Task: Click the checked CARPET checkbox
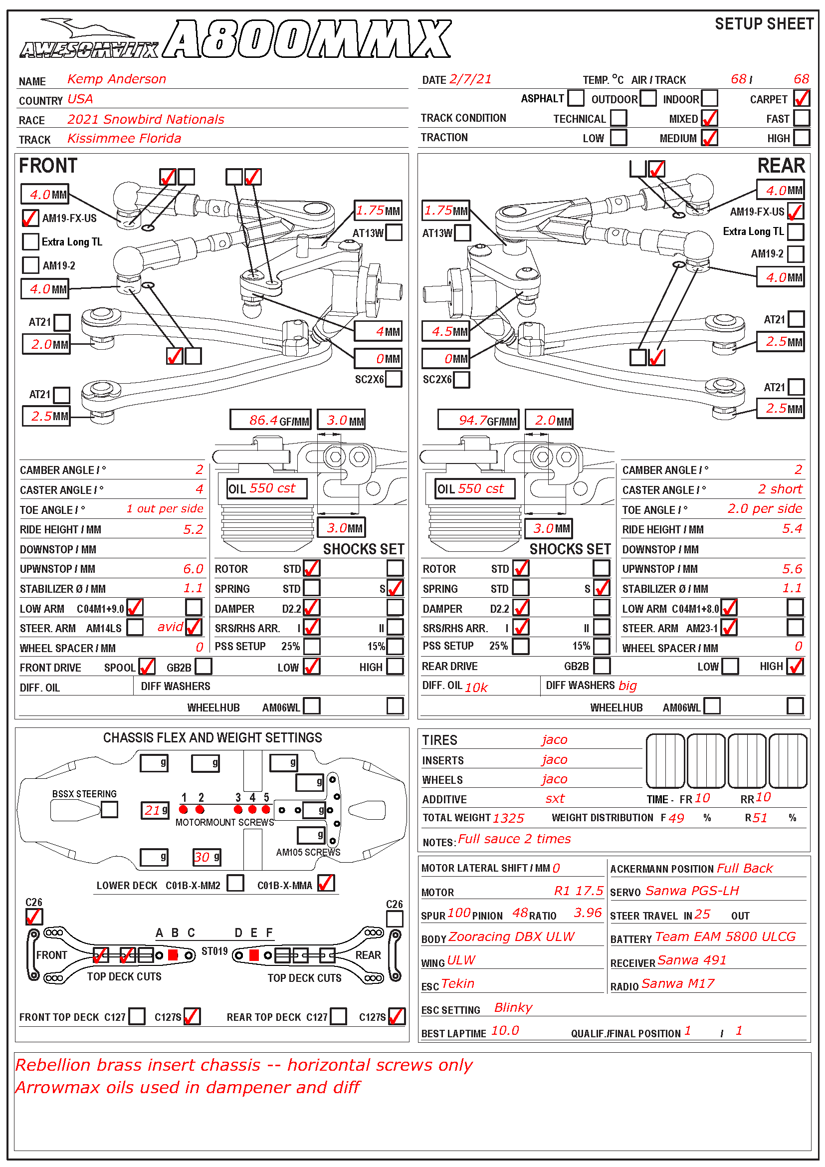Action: [x=801, y=98]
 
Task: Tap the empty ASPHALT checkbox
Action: [x=576, y=98]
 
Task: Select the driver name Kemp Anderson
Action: [x=117, y=79]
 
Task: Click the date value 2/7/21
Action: [x=470, y=79]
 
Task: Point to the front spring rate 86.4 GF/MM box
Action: [x=270, y=420]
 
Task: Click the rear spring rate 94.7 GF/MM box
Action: [x=478, y=420]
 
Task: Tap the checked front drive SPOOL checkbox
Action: [x=147, y=667]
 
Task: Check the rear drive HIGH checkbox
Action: [x=796, y=666]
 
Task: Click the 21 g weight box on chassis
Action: [x=155, y=810]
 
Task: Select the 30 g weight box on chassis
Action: [x=206, y=857]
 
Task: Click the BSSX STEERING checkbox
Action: [x=109, y=809]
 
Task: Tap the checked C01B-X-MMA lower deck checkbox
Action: [x=326, y=883]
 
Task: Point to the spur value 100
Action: [x=459, y=913]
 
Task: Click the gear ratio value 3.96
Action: [x=587, y=913]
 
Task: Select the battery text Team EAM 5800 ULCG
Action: [x=725, y=937]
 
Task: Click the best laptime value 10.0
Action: [x=505, y=1030]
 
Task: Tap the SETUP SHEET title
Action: [x=764, y=24]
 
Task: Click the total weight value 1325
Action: [x=508, y=818]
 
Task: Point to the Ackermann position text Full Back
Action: [x=744, y=868]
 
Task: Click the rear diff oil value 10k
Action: [x=476, y=687]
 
